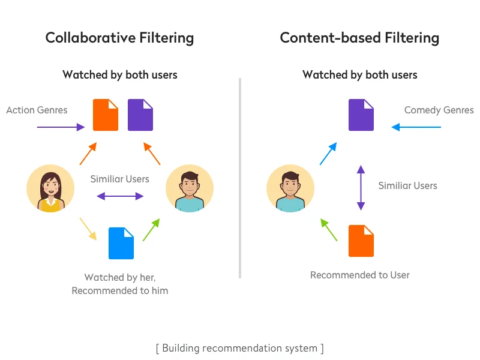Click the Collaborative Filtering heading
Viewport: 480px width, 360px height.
point(119,38)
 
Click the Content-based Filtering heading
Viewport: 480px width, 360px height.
point(359,38)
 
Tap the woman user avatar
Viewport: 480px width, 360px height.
point(50,188)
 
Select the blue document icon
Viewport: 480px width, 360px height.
point(121,243)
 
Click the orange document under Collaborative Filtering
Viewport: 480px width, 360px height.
point(106,115)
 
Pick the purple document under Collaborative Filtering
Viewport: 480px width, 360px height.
point(140,115)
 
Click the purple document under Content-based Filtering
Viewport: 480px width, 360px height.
point(361,115)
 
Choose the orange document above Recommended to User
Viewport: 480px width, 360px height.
point(361,241)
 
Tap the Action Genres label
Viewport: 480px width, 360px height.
point(37,110)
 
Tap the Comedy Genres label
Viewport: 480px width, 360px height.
point(439,110)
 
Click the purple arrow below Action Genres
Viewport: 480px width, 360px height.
point(61,127)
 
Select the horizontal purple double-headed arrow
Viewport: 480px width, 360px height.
point(120,196)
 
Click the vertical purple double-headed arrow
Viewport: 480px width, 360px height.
point(361,187)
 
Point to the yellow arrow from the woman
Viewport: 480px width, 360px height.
point(88,229)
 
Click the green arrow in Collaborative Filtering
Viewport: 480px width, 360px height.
point(151,229)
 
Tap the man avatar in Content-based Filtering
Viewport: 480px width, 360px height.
point(290,188)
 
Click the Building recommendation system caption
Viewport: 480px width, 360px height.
point(239,348)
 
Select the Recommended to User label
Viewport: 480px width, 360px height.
point(359,275)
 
